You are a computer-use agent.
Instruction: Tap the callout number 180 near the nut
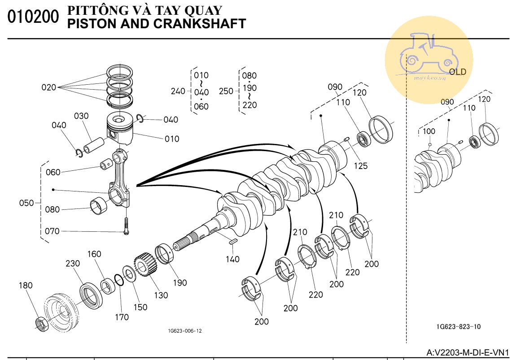point(26,286)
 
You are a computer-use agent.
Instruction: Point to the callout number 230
point(73,264)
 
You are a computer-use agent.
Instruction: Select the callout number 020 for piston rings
point(49,87)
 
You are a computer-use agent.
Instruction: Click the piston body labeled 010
point(120,129)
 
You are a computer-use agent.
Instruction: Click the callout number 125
point(360,166)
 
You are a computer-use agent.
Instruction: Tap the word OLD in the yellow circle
point(457,72)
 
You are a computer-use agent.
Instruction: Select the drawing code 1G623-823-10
point(458,326)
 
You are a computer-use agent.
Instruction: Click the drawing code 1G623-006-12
point(185,331)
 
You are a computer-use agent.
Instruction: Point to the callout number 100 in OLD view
point(429,131)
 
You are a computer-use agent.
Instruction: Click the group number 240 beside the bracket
point(178,91)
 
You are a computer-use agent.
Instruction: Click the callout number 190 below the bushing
point(180,283)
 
